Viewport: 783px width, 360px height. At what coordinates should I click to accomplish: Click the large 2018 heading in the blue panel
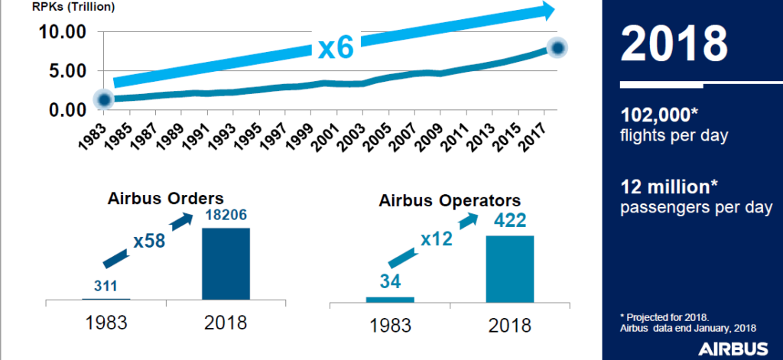[x=674, y=44]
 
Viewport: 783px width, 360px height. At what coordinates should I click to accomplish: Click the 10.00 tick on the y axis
[x=60, y=33]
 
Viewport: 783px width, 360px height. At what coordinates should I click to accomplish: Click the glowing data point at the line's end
[x=558, y=48]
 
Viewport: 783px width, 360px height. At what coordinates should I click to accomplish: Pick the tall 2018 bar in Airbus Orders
[x=226, y=264]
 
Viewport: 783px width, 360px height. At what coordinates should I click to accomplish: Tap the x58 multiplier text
[x=150, y=241]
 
